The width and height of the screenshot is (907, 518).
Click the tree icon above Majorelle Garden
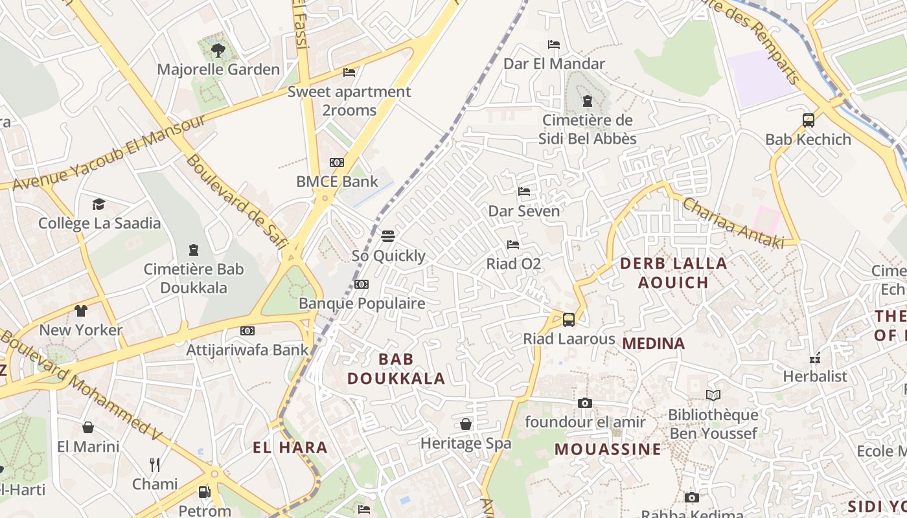coord(218,50)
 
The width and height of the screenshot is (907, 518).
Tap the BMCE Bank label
coord(337,181)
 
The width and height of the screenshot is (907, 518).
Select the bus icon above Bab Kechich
coord(808,120)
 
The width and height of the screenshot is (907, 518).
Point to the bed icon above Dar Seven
coord(524,192)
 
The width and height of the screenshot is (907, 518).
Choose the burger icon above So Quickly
coord(388,236)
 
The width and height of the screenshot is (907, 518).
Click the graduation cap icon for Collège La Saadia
coord(98,204)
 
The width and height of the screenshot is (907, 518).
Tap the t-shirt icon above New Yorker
coord(80,311)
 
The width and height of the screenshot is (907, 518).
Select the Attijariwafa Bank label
coord(247,350)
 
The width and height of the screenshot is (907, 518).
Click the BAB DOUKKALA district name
coord(396,368)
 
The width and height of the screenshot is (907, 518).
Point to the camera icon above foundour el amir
coord(584,403)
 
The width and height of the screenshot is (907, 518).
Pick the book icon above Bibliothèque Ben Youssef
coord(713,395)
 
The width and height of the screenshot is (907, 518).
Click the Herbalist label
coord(815,376)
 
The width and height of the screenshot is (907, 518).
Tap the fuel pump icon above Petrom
coord(204,492)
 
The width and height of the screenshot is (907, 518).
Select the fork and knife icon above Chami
coord(154,464)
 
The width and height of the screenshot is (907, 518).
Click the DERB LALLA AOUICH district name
coord(673,273)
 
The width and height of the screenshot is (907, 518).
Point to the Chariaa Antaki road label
coord(733,223)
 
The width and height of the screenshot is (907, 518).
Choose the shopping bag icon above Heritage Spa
coord(465,424)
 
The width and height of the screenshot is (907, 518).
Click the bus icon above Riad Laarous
coord(568,319)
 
